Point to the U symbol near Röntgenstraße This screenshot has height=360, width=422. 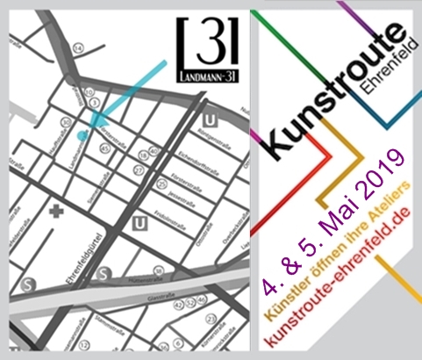pyautogui.click(x=209, y=119)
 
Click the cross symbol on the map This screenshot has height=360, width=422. pyautogui.click(x=58, y=212)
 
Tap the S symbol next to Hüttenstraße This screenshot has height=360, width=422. pyautogui.click(x=103, y=273)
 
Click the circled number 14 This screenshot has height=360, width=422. pyautogui.click(x=78, y=48)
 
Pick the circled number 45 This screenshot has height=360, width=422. pyautogui.click(x=104, y=149)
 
